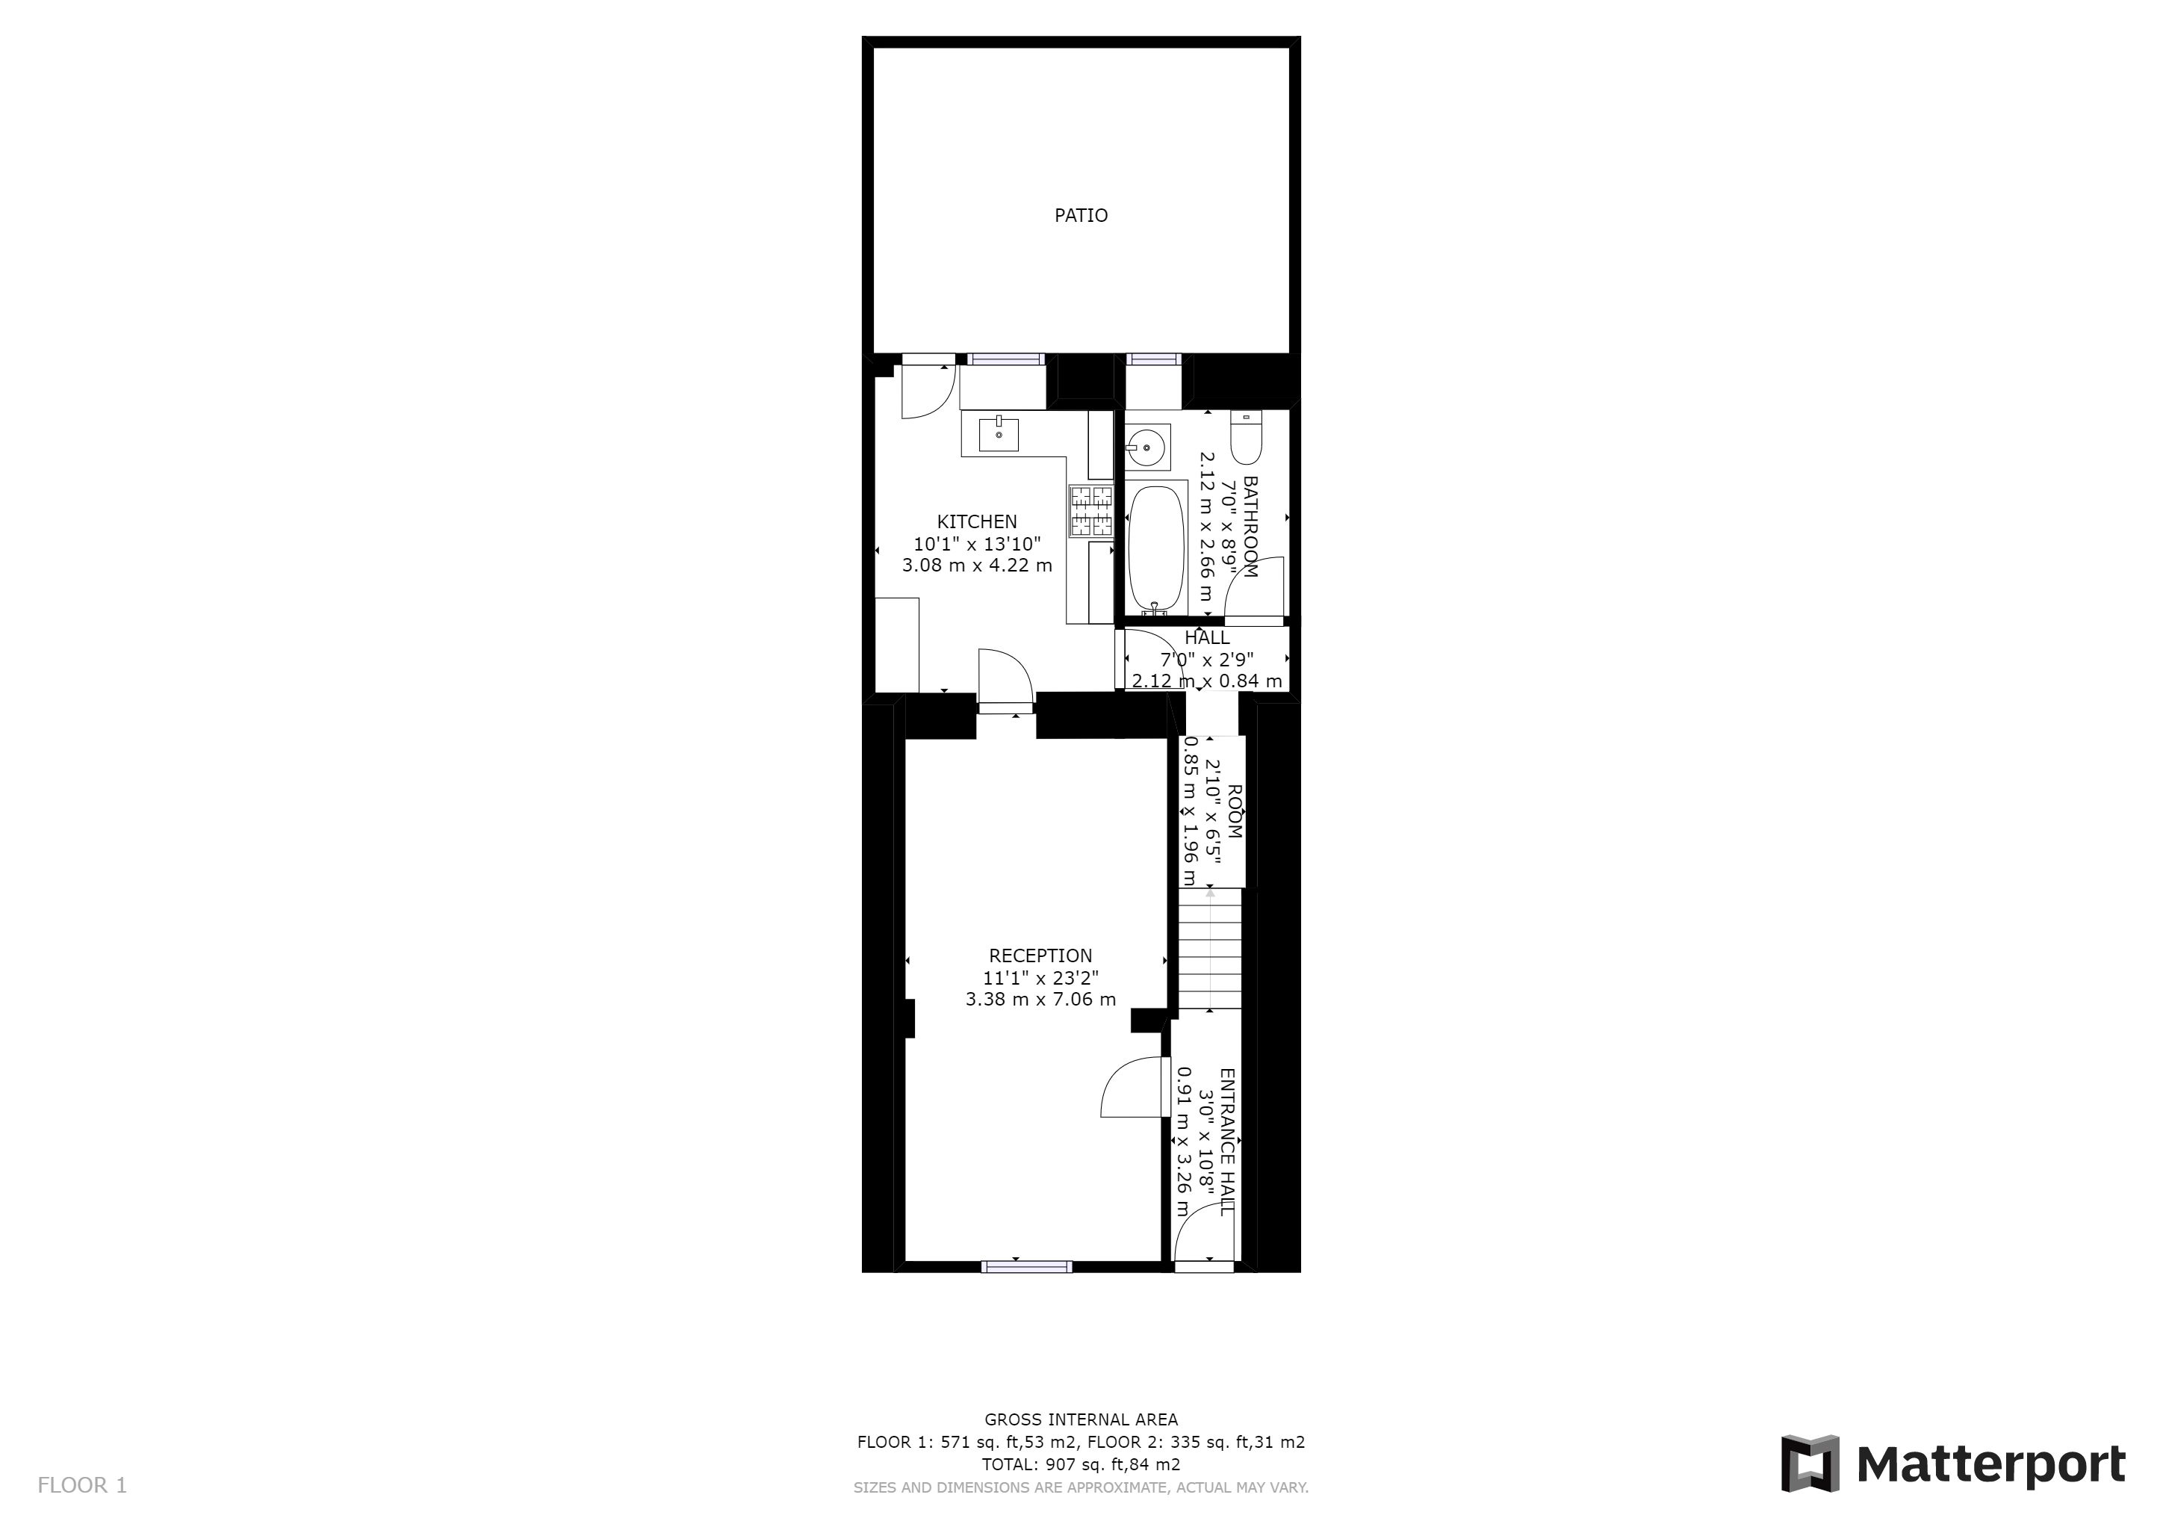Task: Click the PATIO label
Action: [x=1081, y=216]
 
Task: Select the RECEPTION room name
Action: [x=1040, y=956]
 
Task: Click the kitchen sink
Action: [x=999, y=434]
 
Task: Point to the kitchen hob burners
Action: [x=1091, y=511]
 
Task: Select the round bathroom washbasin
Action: [x=1147, y=445]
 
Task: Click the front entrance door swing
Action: [x=1204, y=1236]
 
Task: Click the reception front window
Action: [x=1027, y=1267]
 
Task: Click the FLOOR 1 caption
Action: [x=82, y=1486]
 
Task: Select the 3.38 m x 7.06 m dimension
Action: [x=1040, y=1000]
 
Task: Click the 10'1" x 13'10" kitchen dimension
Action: [x=977, y=544]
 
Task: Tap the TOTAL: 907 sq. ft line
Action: [x=1081, y=1465]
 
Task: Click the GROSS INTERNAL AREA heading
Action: [x=1081, y=1419]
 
